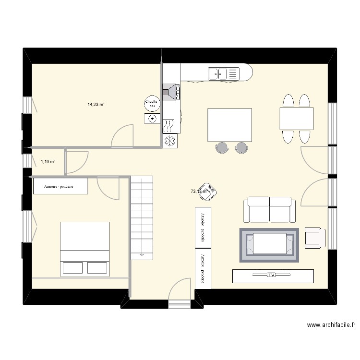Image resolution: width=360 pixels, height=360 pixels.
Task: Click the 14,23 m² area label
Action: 96,104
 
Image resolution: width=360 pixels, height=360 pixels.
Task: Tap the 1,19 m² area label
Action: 48,162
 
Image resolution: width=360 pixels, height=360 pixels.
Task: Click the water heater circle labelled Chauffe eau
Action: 151,103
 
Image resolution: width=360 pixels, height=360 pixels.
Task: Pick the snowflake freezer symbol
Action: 170,141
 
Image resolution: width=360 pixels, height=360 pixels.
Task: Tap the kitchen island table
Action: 229,125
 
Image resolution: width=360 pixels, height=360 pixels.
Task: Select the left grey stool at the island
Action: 222,147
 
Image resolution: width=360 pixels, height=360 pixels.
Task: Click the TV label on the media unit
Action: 271,276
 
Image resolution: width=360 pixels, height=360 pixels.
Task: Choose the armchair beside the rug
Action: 314,238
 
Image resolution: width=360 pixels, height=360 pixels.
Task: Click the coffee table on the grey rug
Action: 269,243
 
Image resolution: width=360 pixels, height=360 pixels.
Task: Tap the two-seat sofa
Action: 269,210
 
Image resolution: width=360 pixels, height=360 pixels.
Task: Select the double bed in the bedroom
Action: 84,249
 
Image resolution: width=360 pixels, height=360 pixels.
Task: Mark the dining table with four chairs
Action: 296,119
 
